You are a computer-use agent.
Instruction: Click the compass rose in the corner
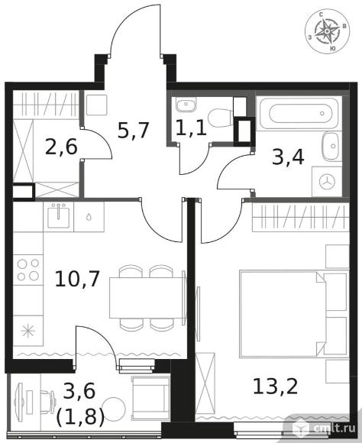pyautogui.click(x=327, y=31)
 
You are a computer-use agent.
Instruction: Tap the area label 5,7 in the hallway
pyautogui.click(x=133, y=130)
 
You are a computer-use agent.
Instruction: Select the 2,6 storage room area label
pyautogui.click(x=61, y=147)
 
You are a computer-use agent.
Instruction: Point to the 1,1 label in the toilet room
pyautogui.click(x=191, y=128)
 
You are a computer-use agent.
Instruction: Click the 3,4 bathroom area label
pyautogui.click(x=288, y=157)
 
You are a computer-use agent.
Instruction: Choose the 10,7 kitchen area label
pyautogui.click(x=77, y=279)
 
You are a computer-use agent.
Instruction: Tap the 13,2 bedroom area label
pyautogui.click(x=275, y=386)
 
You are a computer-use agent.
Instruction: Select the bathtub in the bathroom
pyautogui.click(x=300, y=114)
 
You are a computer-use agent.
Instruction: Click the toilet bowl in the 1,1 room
pyautogui.click(x=221, y=118)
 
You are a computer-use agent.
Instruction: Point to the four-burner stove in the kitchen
pyautogui.click(x=28, y=270)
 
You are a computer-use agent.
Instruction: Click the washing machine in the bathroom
pyautogui.click(x=327, y=181)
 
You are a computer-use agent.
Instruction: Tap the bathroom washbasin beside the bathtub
pyautogui.click(x=332, y=147)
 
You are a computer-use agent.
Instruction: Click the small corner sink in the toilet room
pyautogui.click(x=186, y=105)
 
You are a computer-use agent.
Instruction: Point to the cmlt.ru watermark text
pyautogui.click(x=335, y=429)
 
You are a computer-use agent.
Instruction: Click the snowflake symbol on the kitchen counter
pyautogui.click(x=28, y=331)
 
